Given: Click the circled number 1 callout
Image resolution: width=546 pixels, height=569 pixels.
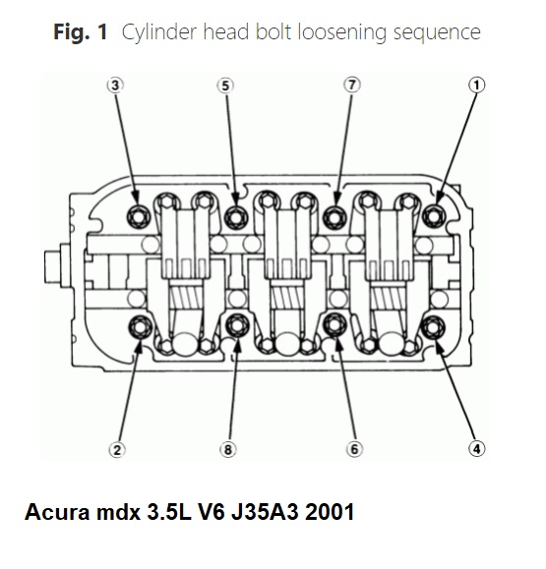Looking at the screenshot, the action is click(476, 85).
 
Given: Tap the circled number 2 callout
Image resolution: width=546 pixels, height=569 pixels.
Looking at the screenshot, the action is click(117, 450).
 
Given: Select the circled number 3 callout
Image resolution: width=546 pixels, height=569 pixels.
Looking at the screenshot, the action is click(115, 85).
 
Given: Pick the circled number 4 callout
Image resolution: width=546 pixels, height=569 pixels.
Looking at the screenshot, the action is click(476, 449).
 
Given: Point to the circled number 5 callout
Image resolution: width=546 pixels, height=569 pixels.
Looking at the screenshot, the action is click(225, 86).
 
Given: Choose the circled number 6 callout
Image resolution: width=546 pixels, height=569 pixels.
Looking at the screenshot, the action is click(354, 449).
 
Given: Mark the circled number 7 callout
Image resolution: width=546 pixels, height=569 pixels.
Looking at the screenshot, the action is click(351, 85).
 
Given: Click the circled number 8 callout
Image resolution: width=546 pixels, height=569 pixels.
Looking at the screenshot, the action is click(228, 450).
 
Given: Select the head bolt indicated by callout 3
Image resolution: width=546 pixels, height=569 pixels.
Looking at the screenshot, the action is click(139, 216).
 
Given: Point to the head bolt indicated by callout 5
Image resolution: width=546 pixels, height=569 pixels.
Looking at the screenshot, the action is click(236, 217).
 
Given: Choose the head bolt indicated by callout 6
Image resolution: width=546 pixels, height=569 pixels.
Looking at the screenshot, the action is click(334, 325).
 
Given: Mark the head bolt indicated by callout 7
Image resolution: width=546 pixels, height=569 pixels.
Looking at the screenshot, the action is click(334, 217).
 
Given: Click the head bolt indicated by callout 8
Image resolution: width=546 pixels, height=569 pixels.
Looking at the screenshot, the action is click(237, 325).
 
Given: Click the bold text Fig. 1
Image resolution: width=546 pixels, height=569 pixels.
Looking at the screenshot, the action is click(81, 31).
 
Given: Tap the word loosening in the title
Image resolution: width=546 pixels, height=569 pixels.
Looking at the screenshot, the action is click(341, 32).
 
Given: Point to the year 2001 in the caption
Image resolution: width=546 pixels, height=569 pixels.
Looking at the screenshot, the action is click(330, 512).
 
